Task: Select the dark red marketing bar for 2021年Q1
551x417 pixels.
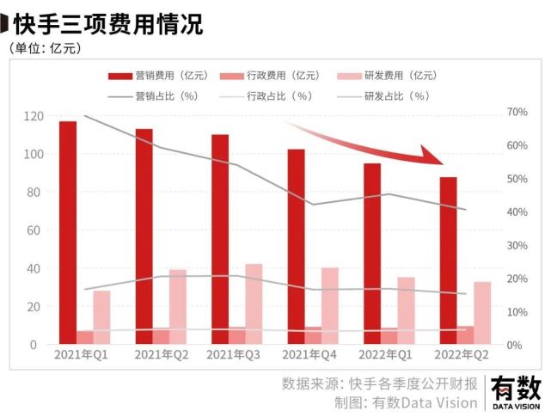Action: tap(68, 232)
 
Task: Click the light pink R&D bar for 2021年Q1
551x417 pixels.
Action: tap(101, 317)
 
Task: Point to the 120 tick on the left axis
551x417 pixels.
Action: tap(34, 116)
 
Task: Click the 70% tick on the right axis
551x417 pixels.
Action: tap(517, 113)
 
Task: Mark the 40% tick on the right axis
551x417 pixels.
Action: tap(517, 212)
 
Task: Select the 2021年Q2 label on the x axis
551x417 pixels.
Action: tap(161, 354)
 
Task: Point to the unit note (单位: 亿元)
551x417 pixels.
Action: tap(46, 48)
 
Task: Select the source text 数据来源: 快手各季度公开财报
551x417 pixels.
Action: tap(379, 383)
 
